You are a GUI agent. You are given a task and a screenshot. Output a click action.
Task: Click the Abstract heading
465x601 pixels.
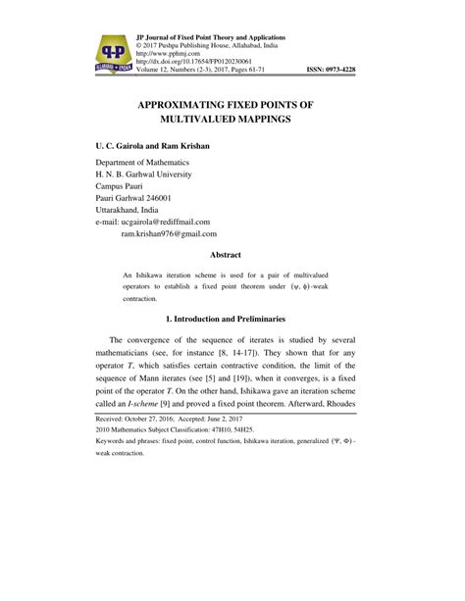(x=232, y=252)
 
